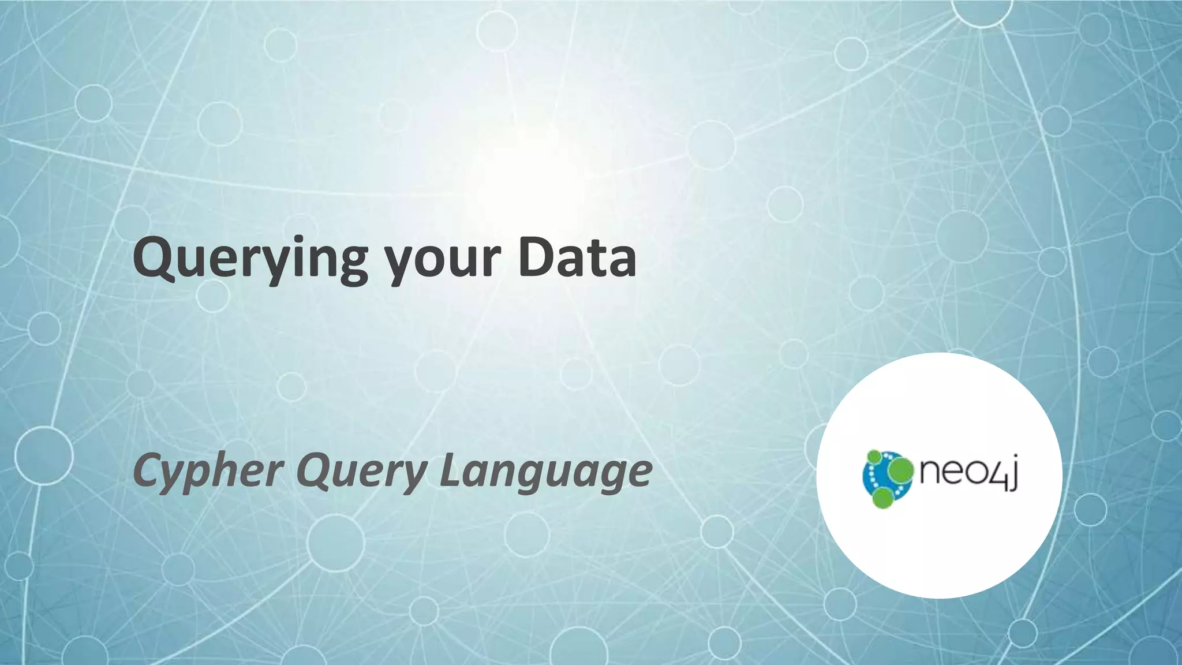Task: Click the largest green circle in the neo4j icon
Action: tap(899, 471)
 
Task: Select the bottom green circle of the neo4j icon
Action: tap(883, 497)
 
